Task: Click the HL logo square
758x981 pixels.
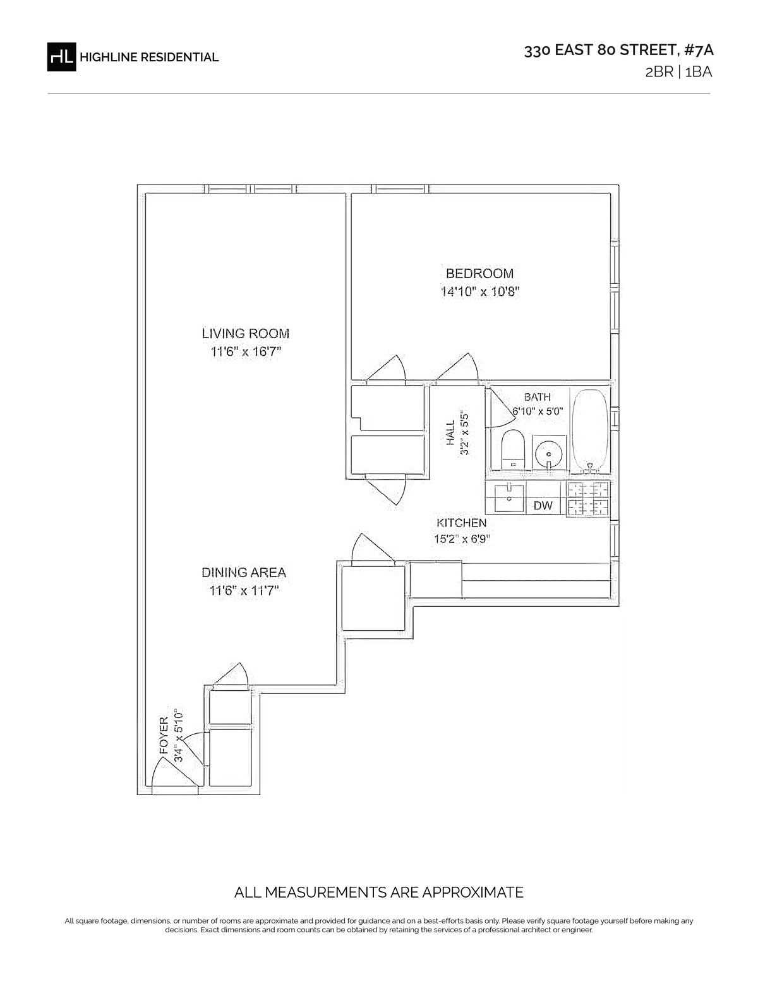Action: pos(61,57)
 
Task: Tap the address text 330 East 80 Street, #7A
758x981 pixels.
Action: pos(618,50)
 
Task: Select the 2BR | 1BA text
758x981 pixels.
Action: pos(678,72)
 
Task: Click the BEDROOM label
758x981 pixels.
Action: pos(479,274)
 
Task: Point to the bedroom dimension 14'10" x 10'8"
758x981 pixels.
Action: pos(480,291)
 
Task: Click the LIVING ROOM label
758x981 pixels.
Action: pos(245,334)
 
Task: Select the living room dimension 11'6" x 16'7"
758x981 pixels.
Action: pos(246,351)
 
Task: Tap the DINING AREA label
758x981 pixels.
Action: pos(243,573)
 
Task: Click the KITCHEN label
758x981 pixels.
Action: pos(461,523)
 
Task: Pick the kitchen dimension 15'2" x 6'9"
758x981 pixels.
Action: pos(462,539)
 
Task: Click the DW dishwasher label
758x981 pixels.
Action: pos(543,506)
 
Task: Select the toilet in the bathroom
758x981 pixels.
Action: pos(513,449)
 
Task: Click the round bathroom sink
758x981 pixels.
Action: pos(549,453)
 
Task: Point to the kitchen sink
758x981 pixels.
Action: pos(510,498)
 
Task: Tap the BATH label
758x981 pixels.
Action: pos(538,397)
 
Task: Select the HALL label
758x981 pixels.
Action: pos(450,434)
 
